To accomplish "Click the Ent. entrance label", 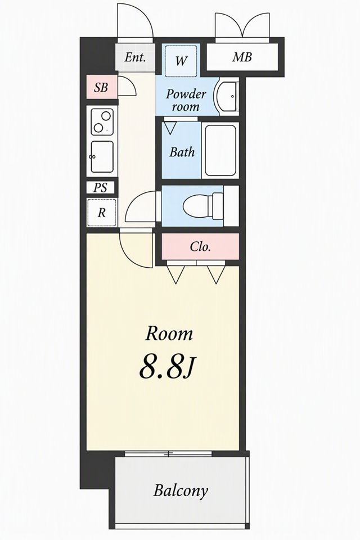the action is (134, 57).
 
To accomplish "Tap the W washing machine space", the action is (181, 61).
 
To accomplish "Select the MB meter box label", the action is (242, 57).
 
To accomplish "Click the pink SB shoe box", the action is (102, 87).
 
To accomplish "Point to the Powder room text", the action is (186, 100).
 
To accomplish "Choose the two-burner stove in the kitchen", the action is (102, 122).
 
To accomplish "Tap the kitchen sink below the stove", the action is (102, 156).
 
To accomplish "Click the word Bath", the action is (182, 152).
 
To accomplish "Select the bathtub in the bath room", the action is (220, 151).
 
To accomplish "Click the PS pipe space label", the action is (100, 188).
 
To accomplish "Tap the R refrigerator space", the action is (102, 213).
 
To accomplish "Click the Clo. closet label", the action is (200, 246).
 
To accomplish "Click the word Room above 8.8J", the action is (169, 334).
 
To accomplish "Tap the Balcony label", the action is (181, 490).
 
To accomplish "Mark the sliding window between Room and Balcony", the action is (168, 453).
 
